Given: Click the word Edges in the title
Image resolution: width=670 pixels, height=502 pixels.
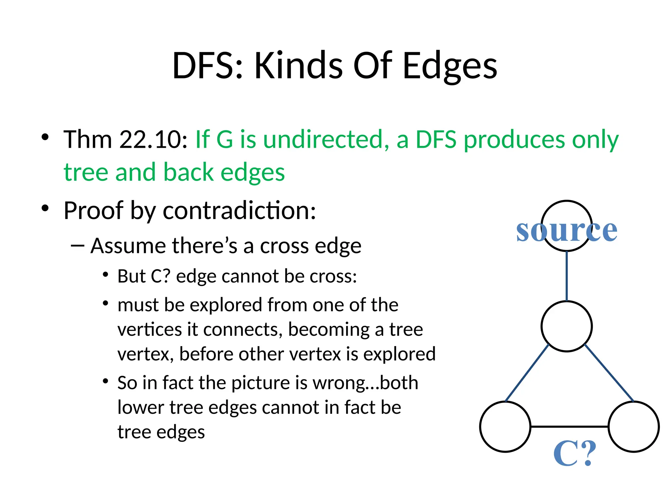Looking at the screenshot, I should (450, 66).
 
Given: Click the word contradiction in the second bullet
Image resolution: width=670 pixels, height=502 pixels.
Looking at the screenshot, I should (239, 211).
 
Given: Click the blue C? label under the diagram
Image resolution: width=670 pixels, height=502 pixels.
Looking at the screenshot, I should (575, 453).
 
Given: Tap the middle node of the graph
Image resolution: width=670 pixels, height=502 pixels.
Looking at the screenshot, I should (566, 326).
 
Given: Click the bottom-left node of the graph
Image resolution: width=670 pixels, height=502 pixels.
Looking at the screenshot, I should (505, 427).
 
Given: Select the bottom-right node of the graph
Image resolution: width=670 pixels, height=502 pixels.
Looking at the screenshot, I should (633, 427).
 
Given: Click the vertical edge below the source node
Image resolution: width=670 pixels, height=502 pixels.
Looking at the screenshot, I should (567, 276).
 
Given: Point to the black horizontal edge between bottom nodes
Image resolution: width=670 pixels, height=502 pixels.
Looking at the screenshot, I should (569, 427).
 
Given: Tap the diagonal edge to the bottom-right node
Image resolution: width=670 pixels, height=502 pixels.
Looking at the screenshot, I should (609, 373).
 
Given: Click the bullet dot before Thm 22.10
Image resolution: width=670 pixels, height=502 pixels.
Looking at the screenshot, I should (45, 137).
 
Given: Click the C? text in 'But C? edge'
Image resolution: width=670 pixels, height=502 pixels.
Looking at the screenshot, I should (161, 276).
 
